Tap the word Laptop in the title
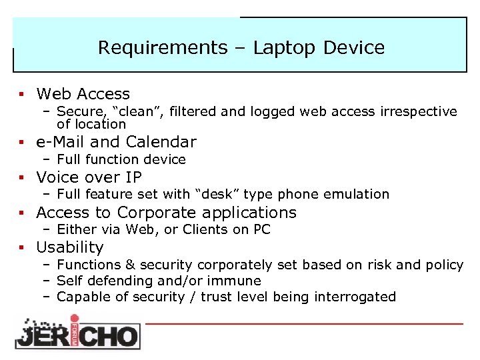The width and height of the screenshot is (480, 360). click(285, 48)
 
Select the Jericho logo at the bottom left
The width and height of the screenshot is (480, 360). click(77, 331)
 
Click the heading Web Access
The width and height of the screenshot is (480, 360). click(83, 94)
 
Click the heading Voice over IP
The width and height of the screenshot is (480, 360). click(89, 177)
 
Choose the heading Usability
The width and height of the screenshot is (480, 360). click(70, 247)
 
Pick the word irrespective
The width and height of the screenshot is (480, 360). click(420, 111)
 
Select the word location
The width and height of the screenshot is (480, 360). click(100, 124)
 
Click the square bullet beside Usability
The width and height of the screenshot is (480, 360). click(23, 248)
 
